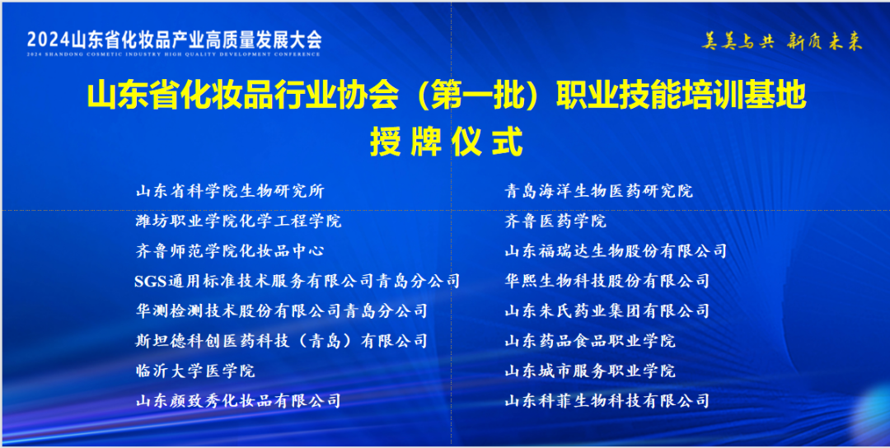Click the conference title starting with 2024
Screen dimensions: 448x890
[x=175, y=40]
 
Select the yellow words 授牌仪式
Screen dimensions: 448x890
[x=446, y=142]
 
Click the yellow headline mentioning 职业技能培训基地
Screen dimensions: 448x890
[x=446, y=96]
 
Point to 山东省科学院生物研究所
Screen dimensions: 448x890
[x=230, y=191]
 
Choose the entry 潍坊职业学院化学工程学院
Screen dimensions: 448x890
[x=238, y=221]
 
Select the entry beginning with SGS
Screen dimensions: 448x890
[x=297, y=281]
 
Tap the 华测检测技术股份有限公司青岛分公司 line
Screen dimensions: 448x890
[x=282, y=310]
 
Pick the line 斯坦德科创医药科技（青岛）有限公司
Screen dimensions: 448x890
[x=282, y=341]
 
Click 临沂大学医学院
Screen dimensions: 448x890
[x=195, y=371]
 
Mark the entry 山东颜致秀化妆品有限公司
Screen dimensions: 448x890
[x=238, y=401]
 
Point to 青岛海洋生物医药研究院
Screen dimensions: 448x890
[x=599, y=191]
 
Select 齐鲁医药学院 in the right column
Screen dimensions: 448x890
[x=555, y=221]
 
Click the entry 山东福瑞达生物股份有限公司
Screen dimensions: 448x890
[x=616, y=251]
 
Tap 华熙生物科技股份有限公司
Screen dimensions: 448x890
[x=607, y=281]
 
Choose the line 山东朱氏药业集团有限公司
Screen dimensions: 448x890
[x=607, y=310]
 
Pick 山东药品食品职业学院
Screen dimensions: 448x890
[x=590, y=341]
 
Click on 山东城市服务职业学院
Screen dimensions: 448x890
[x=590, y=371]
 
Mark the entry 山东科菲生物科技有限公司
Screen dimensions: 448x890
[x=607, y=401]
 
